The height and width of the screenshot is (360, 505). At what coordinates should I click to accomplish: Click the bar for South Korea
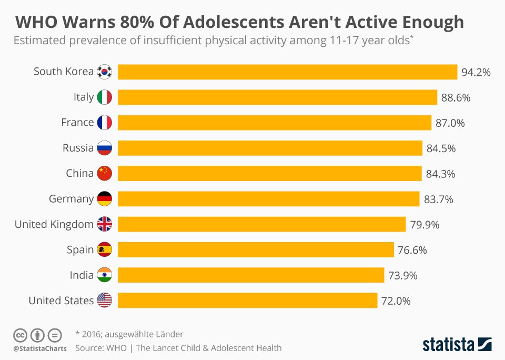coord(287,72)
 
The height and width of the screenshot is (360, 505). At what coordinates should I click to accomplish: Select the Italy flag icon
coord(105,97)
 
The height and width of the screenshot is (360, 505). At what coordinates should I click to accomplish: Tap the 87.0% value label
coord(450,123)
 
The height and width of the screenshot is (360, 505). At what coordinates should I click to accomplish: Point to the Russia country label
coord(78,148)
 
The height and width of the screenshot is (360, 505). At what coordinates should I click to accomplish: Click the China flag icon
coord(105,173)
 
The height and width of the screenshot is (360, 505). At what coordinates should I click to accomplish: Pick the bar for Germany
coord(268,199)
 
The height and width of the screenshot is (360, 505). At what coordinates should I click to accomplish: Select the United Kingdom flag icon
coord(105,224)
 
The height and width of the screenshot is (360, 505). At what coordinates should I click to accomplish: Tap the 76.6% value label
coord(412,250)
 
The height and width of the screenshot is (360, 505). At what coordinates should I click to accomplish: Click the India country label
coord(82,275)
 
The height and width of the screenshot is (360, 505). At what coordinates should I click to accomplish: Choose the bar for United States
coord(247,301)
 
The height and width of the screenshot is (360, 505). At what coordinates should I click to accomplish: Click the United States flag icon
coord(105,301)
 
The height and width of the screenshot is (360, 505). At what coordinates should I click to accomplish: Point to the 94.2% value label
coord(476,72)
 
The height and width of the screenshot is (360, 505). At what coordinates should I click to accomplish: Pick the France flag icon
coord(105,123)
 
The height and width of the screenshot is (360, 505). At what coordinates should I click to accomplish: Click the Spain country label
coord(80,250)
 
